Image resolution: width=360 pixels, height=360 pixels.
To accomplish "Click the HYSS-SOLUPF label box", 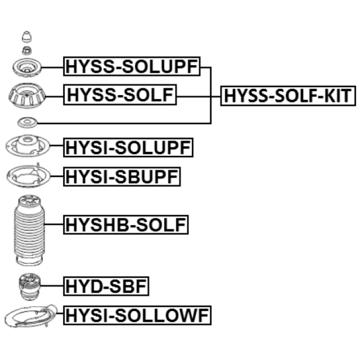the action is pyautogui.click(x=132, y=66).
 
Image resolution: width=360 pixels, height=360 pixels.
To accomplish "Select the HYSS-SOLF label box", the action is pyautogui.click(x=120, y=94).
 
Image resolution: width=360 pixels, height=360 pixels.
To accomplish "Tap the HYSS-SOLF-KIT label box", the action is pyautogui.click(x=288, y=96).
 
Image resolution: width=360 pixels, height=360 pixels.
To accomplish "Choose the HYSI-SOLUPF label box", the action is pyautogui.click(x=128, y=148).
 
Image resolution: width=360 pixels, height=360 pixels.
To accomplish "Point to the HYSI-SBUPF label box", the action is pyautogui.click(x=122, y=176).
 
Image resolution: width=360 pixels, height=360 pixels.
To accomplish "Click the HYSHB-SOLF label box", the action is pyautogui.click(x=126, y=225).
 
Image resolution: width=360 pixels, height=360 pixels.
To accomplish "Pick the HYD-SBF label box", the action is pyautogui.click(x=106, y=286).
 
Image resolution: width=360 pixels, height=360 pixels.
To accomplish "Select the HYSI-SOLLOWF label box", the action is pyautogui.click(x=137, y=315).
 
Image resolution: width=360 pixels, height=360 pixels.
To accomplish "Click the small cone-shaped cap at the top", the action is pyautogui.click(x=27, y=37).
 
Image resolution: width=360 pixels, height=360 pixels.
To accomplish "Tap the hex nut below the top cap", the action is pyautogui.click(x=27, y=50).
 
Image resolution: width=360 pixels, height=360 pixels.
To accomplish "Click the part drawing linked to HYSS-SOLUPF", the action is pyautogui.click(x=27, y=67).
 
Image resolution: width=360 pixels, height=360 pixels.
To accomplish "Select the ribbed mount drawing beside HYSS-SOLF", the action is pyautogui.click(x=27, y=95).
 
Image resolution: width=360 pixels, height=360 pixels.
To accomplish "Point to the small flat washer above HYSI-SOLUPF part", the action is pyautogui.click(x=27, y=122).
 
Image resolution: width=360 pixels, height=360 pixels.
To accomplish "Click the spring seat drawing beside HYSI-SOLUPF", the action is pyautogui.click(x=27, y=146).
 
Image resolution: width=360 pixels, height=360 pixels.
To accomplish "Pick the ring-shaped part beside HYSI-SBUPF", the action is pyautogui.click(x=28, y=175).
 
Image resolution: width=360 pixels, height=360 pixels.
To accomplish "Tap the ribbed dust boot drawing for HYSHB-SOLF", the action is pyautogui.click(x=29, y=230).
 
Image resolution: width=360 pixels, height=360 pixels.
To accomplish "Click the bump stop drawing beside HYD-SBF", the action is pyautogui.click(x=29, y=287).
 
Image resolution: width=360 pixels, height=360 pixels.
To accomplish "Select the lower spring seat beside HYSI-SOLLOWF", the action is pyautogui.click(x=31, y=316).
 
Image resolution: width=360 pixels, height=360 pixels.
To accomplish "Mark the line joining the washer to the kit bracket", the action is pyautogui.click(x=124, y=123).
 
